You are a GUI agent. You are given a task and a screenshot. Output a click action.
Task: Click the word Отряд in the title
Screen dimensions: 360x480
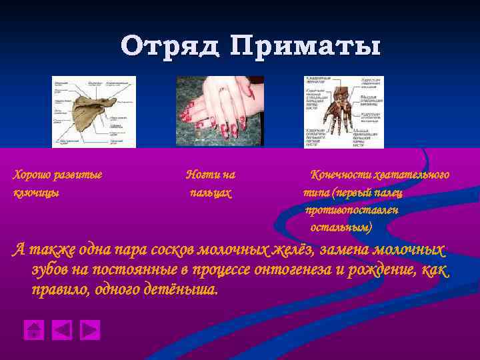171,47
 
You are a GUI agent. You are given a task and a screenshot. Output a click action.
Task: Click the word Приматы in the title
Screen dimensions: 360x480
306,47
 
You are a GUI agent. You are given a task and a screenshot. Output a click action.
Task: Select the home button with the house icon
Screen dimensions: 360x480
33,330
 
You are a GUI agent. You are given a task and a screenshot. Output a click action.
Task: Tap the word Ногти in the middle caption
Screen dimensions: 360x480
201,175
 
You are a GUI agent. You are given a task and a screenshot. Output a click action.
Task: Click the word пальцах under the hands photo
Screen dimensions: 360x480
211,193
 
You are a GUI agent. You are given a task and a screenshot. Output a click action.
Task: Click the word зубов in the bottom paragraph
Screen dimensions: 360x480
49,271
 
